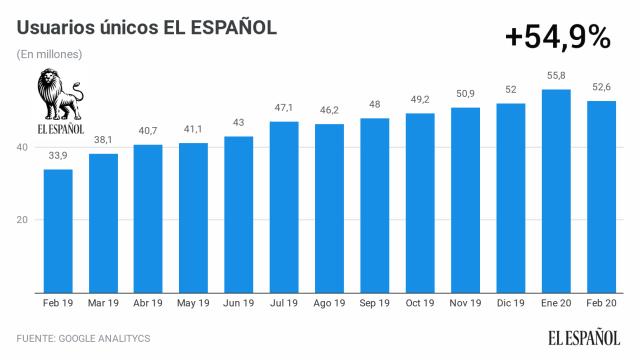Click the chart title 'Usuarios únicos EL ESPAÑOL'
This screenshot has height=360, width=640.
point(147,27)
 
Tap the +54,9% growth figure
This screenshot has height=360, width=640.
point(557,37)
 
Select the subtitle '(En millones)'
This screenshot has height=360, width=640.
point(50,54)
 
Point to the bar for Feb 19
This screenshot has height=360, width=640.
point(58,231)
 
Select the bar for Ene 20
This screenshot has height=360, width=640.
point(555,191)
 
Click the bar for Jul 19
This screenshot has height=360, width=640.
point(284,207)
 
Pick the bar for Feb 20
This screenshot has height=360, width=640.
point(600,197)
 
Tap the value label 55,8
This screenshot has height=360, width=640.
point(555,76)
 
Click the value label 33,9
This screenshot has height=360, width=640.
point(58,156)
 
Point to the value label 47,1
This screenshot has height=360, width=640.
point(284,108)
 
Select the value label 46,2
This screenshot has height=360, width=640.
point(329,111)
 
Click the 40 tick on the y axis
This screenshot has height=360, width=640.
point(20,147)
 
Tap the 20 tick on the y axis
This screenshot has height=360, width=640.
point(20,220)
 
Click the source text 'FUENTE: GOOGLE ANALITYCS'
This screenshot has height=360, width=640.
point(83,339)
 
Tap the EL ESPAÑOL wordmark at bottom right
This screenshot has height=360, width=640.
point(585,338)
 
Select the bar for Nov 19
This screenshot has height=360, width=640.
point(465,200)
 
